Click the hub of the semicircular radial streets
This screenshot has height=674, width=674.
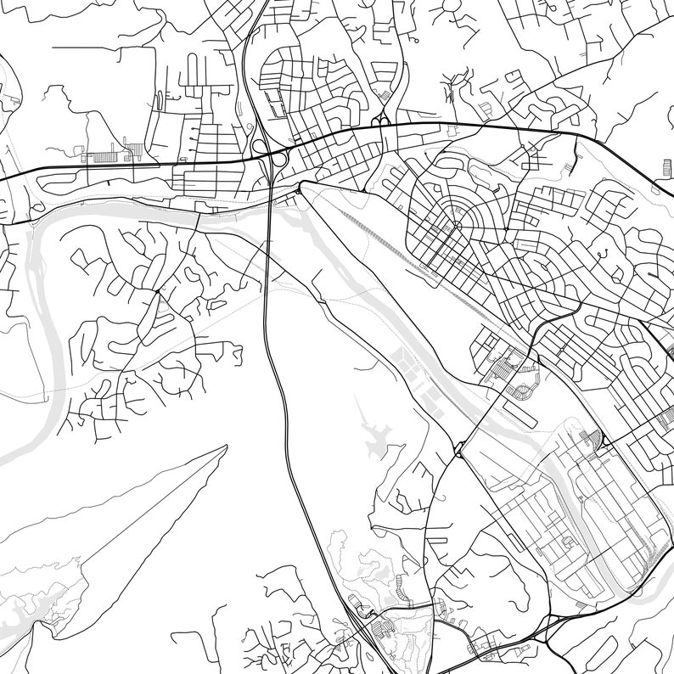point(456,225)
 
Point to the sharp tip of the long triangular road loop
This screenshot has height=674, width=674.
point(226,447)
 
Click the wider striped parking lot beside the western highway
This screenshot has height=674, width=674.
point(106,156)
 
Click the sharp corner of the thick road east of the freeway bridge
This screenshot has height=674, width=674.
point(300,181)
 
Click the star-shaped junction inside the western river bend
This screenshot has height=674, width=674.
point(157,291)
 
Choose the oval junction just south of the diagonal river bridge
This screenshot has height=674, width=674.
point(459,451)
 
